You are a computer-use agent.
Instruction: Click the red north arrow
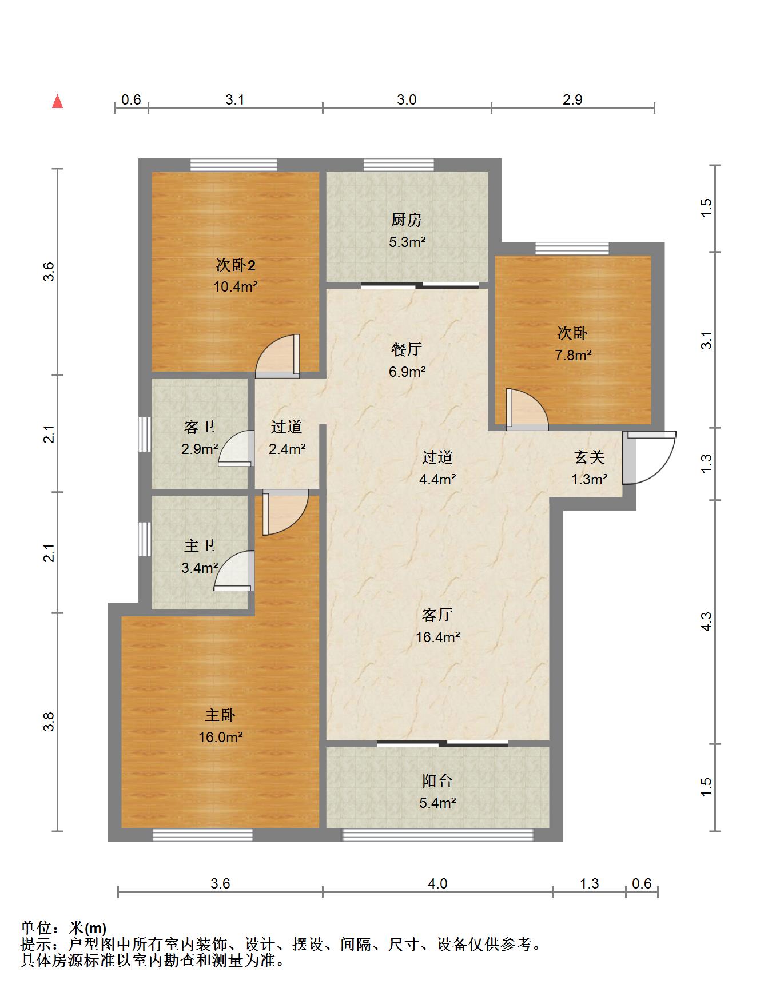tap(57, 101)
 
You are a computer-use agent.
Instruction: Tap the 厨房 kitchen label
tap(407, 220)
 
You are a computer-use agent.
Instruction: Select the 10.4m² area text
tap(236, 286)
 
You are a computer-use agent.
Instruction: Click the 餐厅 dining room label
tap(407, 349)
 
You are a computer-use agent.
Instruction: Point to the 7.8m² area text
tap(573, 355)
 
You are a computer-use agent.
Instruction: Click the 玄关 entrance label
tap(590, 457)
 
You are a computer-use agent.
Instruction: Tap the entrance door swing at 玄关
tap(650, 458)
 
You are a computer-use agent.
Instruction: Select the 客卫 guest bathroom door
tap(236, 448)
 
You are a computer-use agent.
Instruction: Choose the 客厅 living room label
tap(437, 615)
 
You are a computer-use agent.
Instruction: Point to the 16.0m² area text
tap(221, 737)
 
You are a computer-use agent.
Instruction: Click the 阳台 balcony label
tap(437, 780)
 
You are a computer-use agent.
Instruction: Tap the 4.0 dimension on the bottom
tap(437, 883)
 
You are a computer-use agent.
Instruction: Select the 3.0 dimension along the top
tap(407, 100)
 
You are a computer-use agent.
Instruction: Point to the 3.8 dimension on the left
tap(50, 722)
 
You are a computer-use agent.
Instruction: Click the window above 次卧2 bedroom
tap(234, 165)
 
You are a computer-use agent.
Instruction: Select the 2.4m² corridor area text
tap(287, 449)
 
